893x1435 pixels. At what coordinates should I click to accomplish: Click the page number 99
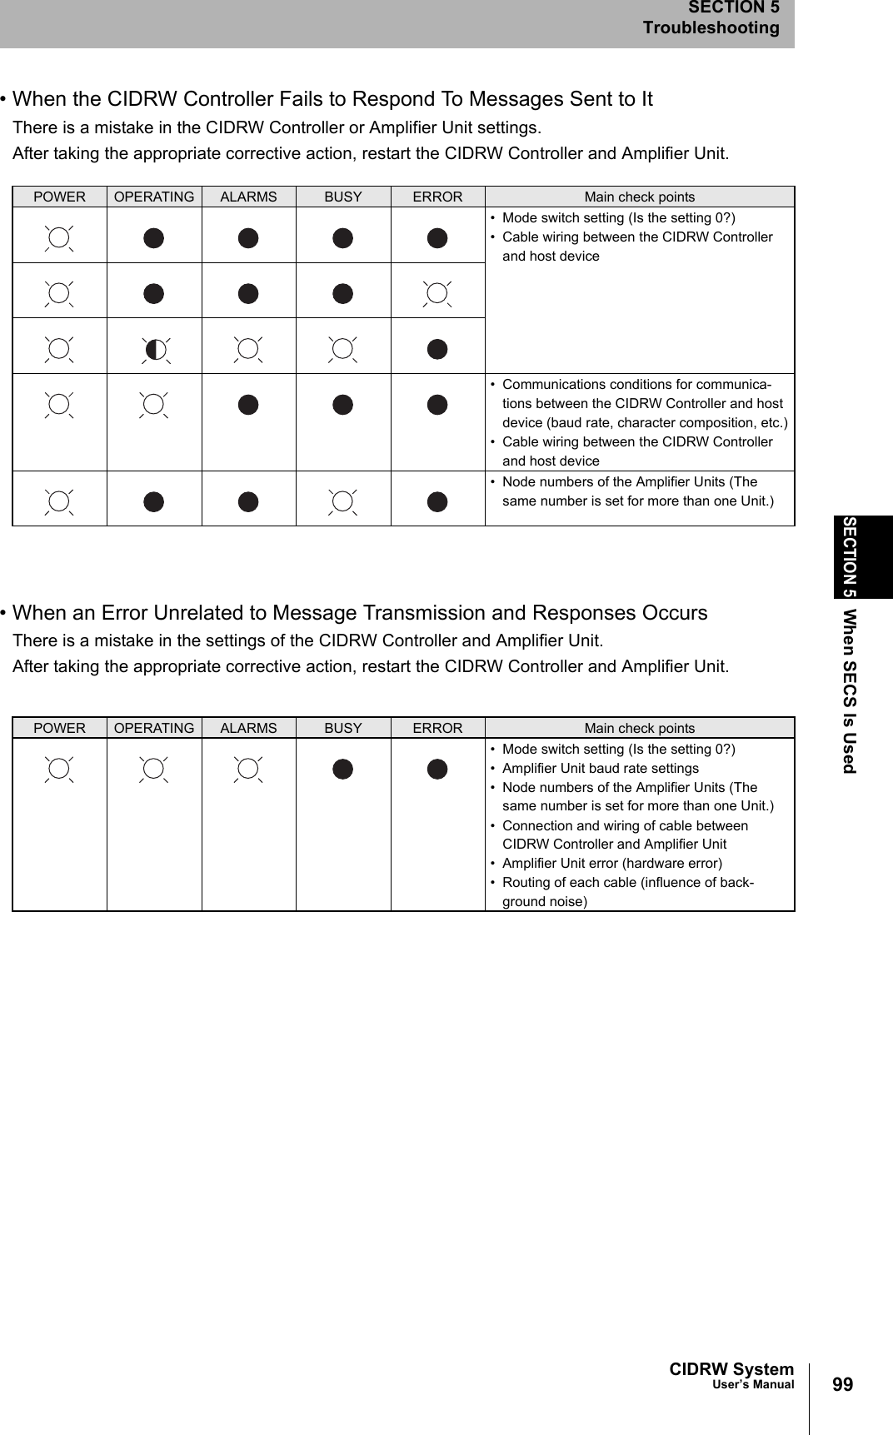842,1384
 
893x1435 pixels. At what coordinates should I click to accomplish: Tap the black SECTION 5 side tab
862,556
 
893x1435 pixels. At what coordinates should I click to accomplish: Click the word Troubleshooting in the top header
711,27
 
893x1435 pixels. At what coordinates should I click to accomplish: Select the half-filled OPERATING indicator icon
154,349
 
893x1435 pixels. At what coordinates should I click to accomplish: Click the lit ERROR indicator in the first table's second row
437,293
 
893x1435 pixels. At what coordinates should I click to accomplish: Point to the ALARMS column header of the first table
248,197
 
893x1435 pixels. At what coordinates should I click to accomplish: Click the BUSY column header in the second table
343,728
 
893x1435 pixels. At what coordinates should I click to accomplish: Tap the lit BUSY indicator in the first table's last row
343,501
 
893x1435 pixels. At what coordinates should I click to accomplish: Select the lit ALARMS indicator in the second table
248,769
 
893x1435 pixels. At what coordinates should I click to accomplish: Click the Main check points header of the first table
639,197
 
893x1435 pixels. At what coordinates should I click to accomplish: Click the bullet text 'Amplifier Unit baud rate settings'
600,768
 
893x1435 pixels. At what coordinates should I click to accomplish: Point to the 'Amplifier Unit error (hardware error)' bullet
611,863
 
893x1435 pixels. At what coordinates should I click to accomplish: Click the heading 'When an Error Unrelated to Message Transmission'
359,613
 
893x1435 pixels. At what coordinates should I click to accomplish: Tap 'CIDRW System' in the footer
731,1369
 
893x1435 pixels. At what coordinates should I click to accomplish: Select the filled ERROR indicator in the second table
437,769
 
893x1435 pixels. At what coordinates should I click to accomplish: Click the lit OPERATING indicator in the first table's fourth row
154,404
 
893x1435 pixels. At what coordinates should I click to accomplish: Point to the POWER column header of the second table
59,728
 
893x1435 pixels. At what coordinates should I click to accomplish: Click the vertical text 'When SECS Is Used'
848,691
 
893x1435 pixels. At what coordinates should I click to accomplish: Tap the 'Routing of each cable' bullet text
627,883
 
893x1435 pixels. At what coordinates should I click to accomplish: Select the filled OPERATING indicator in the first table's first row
154,238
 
